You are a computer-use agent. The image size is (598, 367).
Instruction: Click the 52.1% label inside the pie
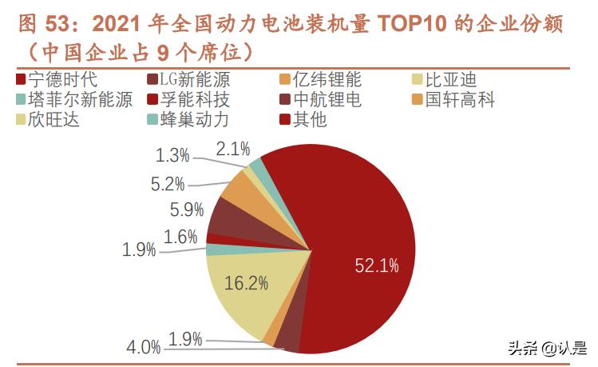point(377,265)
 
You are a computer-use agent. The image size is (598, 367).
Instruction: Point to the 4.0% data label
point(145,347)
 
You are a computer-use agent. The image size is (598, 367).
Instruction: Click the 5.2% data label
point(168,184)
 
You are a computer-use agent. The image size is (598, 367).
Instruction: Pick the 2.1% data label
point(233,149)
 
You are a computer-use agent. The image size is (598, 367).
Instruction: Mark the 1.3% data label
point(173,155)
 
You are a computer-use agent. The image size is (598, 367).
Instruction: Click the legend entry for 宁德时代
point(55,80)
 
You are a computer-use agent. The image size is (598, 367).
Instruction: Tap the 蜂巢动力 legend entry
point(187,120)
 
